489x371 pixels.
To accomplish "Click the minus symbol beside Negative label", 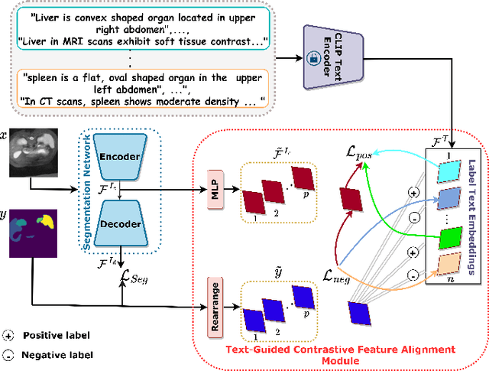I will [x=8, y=355].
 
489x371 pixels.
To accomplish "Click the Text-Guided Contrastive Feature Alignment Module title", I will [x=341, y=354].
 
